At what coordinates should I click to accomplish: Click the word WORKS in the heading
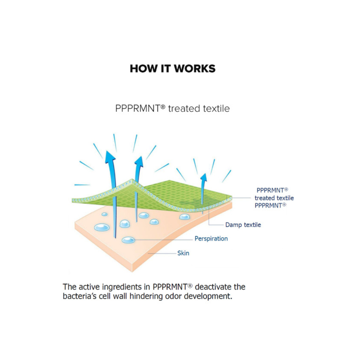[x=195, y=68]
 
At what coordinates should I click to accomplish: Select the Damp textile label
[x=243, y=225]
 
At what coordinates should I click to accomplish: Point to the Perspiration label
[x=211, y=239]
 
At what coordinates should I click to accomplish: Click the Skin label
[x=183, y=253]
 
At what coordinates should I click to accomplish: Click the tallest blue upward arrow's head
[x=110, y=157]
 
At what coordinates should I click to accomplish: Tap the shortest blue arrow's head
[x=203, y=177]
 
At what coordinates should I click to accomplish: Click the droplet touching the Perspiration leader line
[x=128, y=240]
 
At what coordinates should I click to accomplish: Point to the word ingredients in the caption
[x=122, y=287]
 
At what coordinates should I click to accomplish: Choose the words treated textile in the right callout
[x=274, y=198]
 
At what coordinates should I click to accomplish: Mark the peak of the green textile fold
[x=132, y=179]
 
